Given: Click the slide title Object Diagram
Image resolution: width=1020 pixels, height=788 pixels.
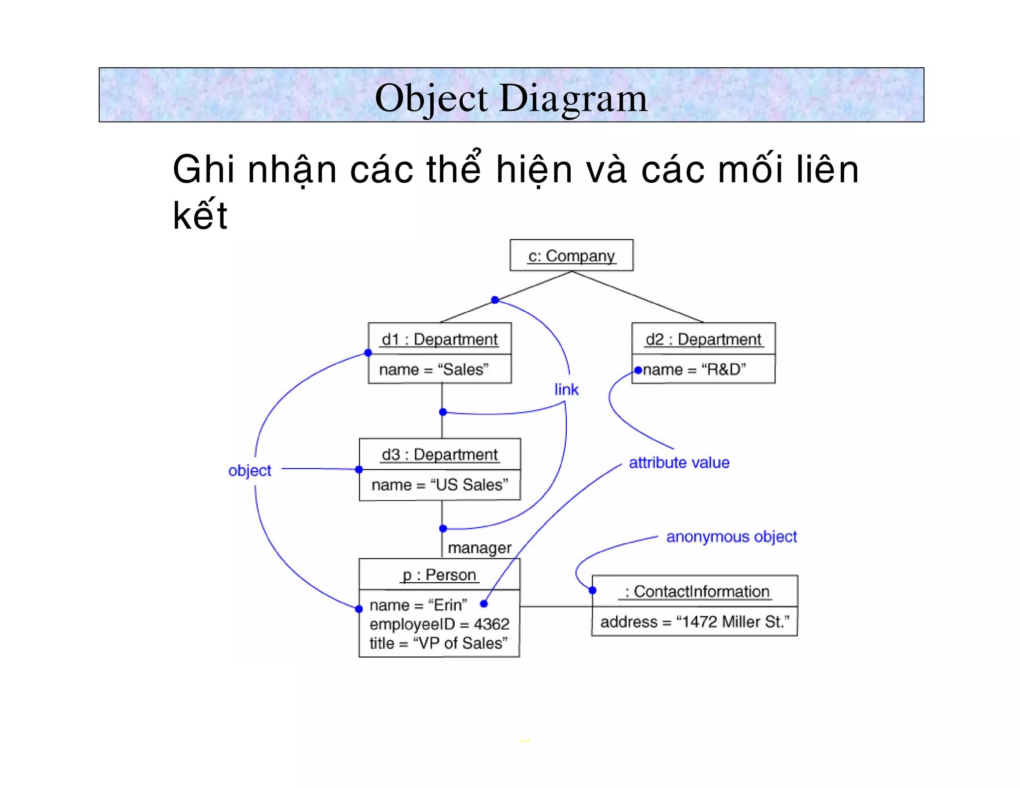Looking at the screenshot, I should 511,98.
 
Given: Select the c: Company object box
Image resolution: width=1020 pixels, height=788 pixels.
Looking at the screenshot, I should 571,256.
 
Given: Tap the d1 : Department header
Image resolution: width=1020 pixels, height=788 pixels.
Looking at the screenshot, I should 440,339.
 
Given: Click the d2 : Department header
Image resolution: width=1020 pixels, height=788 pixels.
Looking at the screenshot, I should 703,339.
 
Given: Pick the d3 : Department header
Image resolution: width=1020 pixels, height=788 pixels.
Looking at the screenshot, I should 440,454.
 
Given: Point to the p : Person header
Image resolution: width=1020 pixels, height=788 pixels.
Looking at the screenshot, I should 439,575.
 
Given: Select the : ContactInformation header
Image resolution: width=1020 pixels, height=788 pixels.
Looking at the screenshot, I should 695,591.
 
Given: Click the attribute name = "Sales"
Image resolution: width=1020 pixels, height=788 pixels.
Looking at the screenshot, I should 434,370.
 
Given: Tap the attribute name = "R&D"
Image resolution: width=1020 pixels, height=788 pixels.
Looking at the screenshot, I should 694,370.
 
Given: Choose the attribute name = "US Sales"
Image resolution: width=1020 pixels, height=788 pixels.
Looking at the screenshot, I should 440,485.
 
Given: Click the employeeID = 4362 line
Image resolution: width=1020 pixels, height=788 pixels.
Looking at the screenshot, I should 439,624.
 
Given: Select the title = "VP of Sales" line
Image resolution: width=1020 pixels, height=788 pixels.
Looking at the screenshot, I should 438,643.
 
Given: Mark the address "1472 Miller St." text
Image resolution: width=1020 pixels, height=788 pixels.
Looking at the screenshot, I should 695,622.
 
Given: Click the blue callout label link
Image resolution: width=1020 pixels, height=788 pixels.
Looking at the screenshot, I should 567,390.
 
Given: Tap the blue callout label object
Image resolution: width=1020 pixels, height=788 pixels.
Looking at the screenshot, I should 250,470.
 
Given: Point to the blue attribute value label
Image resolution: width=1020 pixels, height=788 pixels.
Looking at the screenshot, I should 679,463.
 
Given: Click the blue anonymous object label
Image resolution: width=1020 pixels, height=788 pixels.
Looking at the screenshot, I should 731,536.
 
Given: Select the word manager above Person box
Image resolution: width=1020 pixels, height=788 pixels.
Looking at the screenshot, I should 479,548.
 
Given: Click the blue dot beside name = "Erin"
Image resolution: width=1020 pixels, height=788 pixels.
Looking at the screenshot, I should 484,604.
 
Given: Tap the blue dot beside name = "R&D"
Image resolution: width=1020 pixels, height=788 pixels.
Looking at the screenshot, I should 638,370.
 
